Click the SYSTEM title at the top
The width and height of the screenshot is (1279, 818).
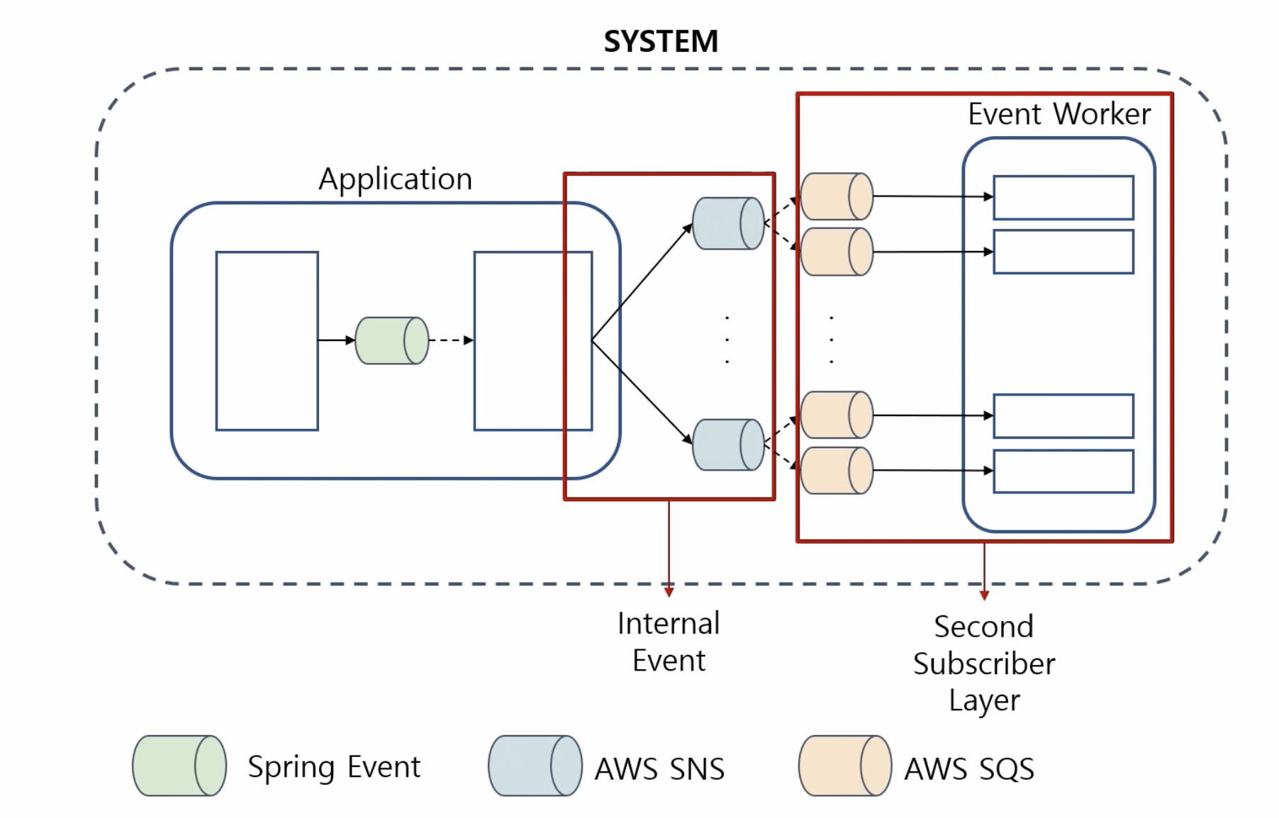pyautogui.click(x=660, y=41)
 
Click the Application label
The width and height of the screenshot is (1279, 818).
pyautogui.click(x=395, y=179)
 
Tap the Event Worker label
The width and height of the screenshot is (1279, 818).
pyautogui.click(x=1059, y=114)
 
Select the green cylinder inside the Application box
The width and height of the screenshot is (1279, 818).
pyautogui.click(x=391, y=341)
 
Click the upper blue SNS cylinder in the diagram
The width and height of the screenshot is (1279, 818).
pyautogui.click(x=728, y=223)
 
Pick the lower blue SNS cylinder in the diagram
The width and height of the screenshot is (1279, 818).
pyautogui.click(x=728, y=445)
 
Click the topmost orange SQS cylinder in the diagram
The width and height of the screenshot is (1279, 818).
pyautogui.click(x=836, y=196)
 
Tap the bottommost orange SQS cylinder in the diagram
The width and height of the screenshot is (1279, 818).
pyautogui.click(x=836, y=470)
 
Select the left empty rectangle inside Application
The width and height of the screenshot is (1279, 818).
pyautogui.click(x=267, y=341)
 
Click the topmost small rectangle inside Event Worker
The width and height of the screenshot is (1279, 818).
pyautogui.click(x=1063, y=198)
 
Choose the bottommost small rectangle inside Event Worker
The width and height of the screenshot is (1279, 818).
pyautogui.click(x=1063, y=471)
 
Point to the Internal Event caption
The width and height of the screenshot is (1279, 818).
pyautogui.click(x=669, y=642)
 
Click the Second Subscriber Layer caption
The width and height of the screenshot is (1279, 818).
pyautogui.click(x=983, y=663)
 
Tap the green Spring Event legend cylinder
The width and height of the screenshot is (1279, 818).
pyautogui.click(x=179, y=766)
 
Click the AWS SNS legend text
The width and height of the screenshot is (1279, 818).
pyautogui.click(x=659, y=769)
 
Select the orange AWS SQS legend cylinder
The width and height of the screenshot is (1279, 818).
pyautogui.click(x=844, y=766)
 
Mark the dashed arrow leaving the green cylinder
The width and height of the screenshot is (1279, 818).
pyautogui.click(x=451, y=341)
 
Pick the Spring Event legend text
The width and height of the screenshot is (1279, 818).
pyautogui.click(x=333, y=767)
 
